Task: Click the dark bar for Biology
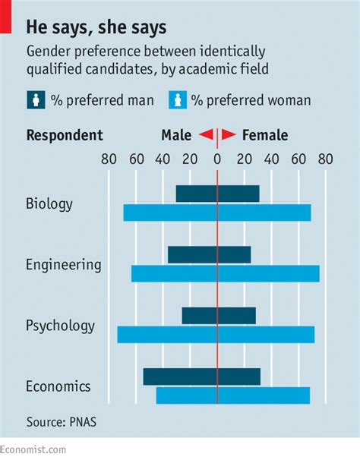[217, 194]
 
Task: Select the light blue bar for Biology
[217, 213]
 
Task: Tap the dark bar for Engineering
[209, 255]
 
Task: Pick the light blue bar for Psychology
[216, 335]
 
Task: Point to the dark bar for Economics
[201, 377]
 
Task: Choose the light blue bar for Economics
[232, 395]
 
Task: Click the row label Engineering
[63, 265]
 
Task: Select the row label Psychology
[60, 326]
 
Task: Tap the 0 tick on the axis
[217, 159]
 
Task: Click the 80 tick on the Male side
[109, 159]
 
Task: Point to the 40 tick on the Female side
[272, 159]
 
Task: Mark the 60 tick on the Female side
[298, 159]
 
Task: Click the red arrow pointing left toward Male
[205, 136]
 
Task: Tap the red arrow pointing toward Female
[228, 136]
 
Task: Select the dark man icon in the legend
[36, 100]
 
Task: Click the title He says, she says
[96, 28]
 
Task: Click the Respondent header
[65, 136]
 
